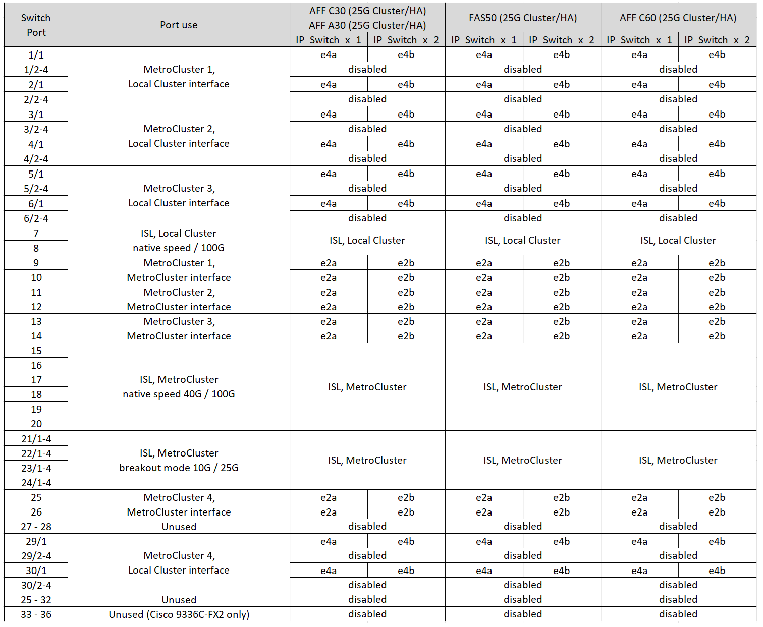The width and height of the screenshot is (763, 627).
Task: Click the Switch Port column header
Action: [x=36, y=25]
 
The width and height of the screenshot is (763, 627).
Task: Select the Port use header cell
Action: [x=179, y=25]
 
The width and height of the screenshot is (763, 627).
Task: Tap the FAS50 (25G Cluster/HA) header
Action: [x=523, y=18]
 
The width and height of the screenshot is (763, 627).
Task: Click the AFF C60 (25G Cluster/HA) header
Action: [x=678, y=18]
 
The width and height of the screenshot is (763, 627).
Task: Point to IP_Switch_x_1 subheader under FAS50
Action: [x=484, y=40]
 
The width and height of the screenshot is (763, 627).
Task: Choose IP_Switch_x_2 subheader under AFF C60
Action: [x=717, y=40]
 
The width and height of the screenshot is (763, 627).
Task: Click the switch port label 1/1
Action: [x=36, y=55]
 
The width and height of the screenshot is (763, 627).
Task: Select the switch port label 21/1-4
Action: [x=36, y=439]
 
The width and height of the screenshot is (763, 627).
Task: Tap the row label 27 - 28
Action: [x=36, y=527]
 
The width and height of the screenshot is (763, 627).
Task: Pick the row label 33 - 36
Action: [x=36, y=614]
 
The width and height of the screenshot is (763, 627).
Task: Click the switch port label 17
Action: [x=36, y=380]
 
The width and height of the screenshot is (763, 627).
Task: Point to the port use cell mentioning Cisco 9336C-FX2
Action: [x=179, y=614]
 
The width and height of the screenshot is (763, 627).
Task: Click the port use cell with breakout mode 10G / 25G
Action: [x=179, y=461]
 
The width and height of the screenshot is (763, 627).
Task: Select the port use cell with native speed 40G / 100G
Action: [x=179, y=387]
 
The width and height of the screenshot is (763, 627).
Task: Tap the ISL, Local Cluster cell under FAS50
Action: [x=523, y=240]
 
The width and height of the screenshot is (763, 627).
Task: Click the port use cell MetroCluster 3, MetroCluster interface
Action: [x=179, y=328]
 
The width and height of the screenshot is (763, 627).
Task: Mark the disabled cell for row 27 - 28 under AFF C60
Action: [x=678, y=526]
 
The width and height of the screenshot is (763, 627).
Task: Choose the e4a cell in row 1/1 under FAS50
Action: [x=484, y=54]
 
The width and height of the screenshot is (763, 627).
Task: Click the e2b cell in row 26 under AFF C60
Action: [x=717, y=512]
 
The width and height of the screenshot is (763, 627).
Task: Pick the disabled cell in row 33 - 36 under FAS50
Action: [x=523, y=614]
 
